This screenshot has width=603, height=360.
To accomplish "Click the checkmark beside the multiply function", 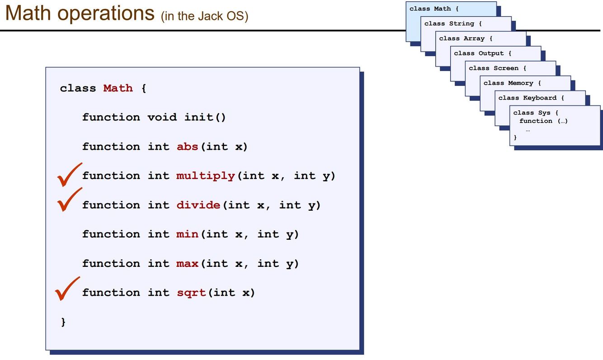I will pos(69,175).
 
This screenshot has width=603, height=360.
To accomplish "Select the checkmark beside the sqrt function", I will pos(67,289).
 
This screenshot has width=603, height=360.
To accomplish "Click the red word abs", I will pos(187,147).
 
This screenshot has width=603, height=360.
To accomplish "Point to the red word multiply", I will pos(205,176).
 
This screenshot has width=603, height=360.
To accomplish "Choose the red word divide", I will pos(198,205).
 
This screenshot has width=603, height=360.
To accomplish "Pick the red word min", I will pos(187,234).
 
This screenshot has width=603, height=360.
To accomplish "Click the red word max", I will pos(187,263).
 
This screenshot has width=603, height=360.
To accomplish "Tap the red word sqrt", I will pos(191,293).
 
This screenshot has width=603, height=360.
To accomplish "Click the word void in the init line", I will pos(161,117).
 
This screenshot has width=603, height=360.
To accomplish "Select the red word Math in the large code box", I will pos(118,88).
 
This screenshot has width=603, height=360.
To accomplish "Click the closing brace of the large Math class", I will pos(63,322).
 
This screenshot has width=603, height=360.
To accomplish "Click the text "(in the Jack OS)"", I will pos(204,17).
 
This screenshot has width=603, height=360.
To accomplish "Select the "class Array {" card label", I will pos(466,38).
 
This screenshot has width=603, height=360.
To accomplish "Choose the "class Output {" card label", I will pos(482,53).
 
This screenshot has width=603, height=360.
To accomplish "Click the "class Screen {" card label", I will pos(497,68).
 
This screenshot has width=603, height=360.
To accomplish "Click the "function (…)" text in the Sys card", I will pos(543,121).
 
